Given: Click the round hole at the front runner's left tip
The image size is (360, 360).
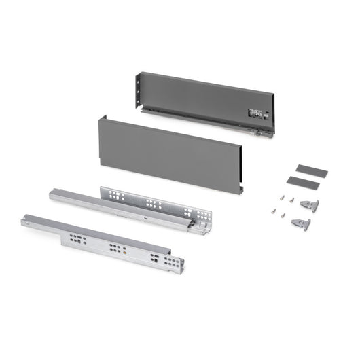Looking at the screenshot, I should click(x=25, y=219).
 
